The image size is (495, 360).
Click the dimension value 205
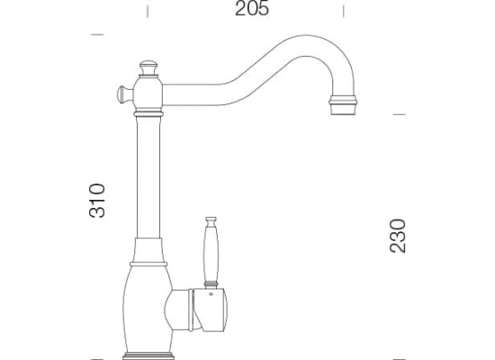click(252, 8)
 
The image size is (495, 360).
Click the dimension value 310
click(97, 201)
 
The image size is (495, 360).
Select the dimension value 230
click(398, 236)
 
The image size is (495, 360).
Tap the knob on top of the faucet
click(148, 67)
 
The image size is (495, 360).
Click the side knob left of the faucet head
click(124, 94)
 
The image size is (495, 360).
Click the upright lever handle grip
click(211, 253)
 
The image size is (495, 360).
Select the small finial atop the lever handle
click(211, 220)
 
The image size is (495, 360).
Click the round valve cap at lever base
click(210, 310)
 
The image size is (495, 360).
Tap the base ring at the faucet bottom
click(148, 355)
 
